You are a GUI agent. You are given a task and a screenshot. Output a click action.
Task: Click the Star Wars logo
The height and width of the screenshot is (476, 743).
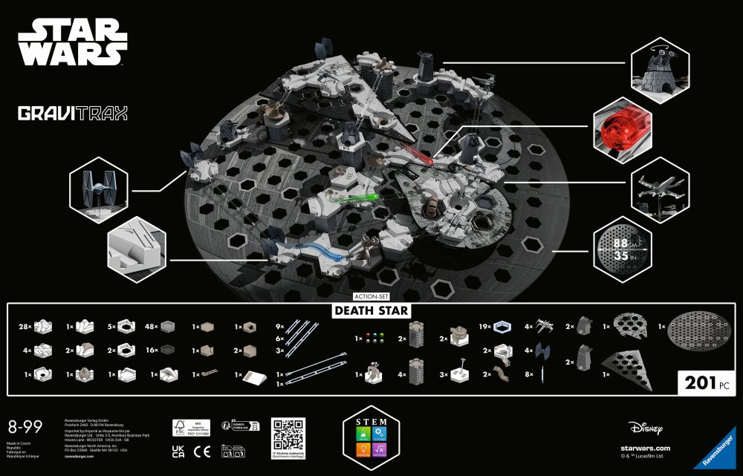coord(71,42)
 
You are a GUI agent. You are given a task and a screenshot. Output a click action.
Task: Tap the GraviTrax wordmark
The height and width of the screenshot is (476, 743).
coord(73,114)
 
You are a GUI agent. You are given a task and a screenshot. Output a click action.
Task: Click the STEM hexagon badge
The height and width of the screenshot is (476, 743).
coord(372,439)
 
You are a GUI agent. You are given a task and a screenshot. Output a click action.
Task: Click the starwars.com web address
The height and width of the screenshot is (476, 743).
coord(645,448)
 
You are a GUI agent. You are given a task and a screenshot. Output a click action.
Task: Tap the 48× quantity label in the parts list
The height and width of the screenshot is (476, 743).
coord(150,325)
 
